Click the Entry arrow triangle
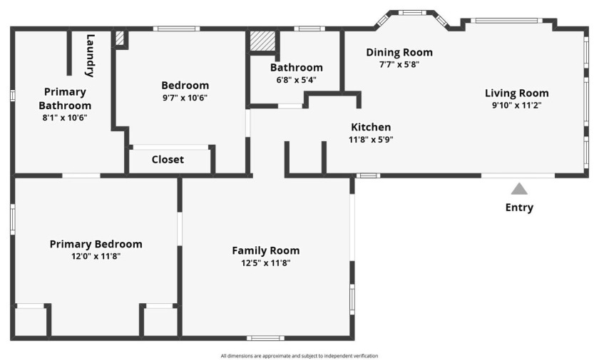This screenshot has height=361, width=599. point(519,189)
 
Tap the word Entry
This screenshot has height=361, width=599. point(519,208)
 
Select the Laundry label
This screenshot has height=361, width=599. point(90,56)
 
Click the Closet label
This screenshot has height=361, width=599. point(168,159)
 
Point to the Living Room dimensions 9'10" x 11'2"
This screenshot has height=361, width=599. point(517,105)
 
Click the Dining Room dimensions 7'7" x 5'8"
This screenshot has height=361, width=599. point(399,64)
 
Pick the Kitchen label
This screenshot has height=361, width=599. point(371,127)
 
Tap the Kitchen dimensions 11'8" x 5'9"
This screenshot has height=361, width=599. point(371,139)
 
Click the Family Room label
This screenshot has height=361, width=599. point(266,250)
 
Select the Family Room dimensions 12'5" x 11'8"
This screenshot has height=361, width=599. point(266,263)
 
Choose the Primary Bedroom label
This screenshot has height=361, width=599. point(96,244)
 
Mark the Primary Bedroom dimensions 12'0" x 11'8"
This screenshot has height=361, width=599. point(96,256)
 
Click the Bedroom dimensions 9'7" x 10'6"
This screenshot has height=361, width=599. point(185,98)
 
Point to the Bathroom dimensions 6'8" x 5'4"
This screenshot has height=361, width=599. point(297,80)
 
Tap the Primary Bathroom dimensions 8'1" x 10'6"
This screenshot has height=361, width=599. point(65,117)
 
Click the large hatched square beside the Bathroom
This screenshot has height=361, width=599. point(262,41)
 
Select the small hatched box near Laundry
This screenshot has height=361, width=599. point(120,39)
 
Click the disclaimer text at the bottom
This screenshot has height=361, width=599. point(299,356)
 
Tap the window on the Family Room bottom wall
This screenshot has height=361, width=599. point(265,338)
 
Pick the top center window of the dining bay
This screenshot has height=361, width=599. point(412,13)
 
